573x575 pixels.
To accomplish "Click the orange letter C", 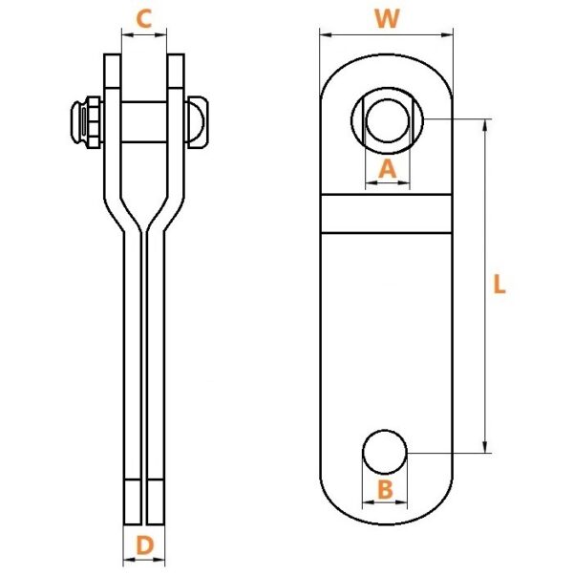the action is [143, 19].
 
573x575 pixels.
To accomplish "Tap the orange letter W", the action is [387, 18].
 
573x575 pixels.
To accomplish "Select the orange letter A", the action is [387, 169].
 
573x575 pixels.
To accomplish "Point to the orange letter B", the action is [385, 490].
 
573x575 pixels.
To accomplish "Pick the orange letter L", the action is [499, 285].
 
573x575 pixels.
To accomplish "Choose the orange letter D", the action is [144, 545].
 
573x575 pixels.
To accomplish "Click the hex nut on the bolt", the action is [94, 122].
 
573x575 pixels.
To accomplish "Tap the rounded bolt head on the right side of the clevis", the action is [198, 122].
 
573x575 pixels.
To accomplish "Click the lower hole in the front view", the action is [385, 452].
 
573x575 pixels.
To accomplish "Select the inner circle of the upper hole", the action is [388, 120].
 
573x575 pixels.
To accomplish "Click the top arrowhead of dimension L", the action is [485, 125].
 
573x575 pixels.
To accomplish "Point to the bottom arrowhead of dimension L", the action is [485, 447].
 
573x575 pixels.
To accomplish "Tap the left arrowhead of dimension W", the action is [326, 35].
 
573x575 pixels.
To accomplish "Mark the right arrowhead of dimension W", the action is [447, 35].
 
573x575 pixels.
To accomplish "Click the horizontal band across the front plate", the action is [387, 213].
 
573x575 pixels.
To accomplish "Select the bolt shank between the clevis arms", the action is [143, 121].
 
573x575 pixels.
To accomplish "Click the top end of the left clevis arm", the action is [112, 55].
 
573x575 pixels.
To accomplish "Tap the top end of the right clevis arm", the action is [176, 55].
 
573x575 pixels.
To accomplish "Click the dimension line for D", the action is [144, 560].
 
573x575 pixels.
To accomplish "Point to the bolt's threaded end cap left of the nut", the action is [78, 122].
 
